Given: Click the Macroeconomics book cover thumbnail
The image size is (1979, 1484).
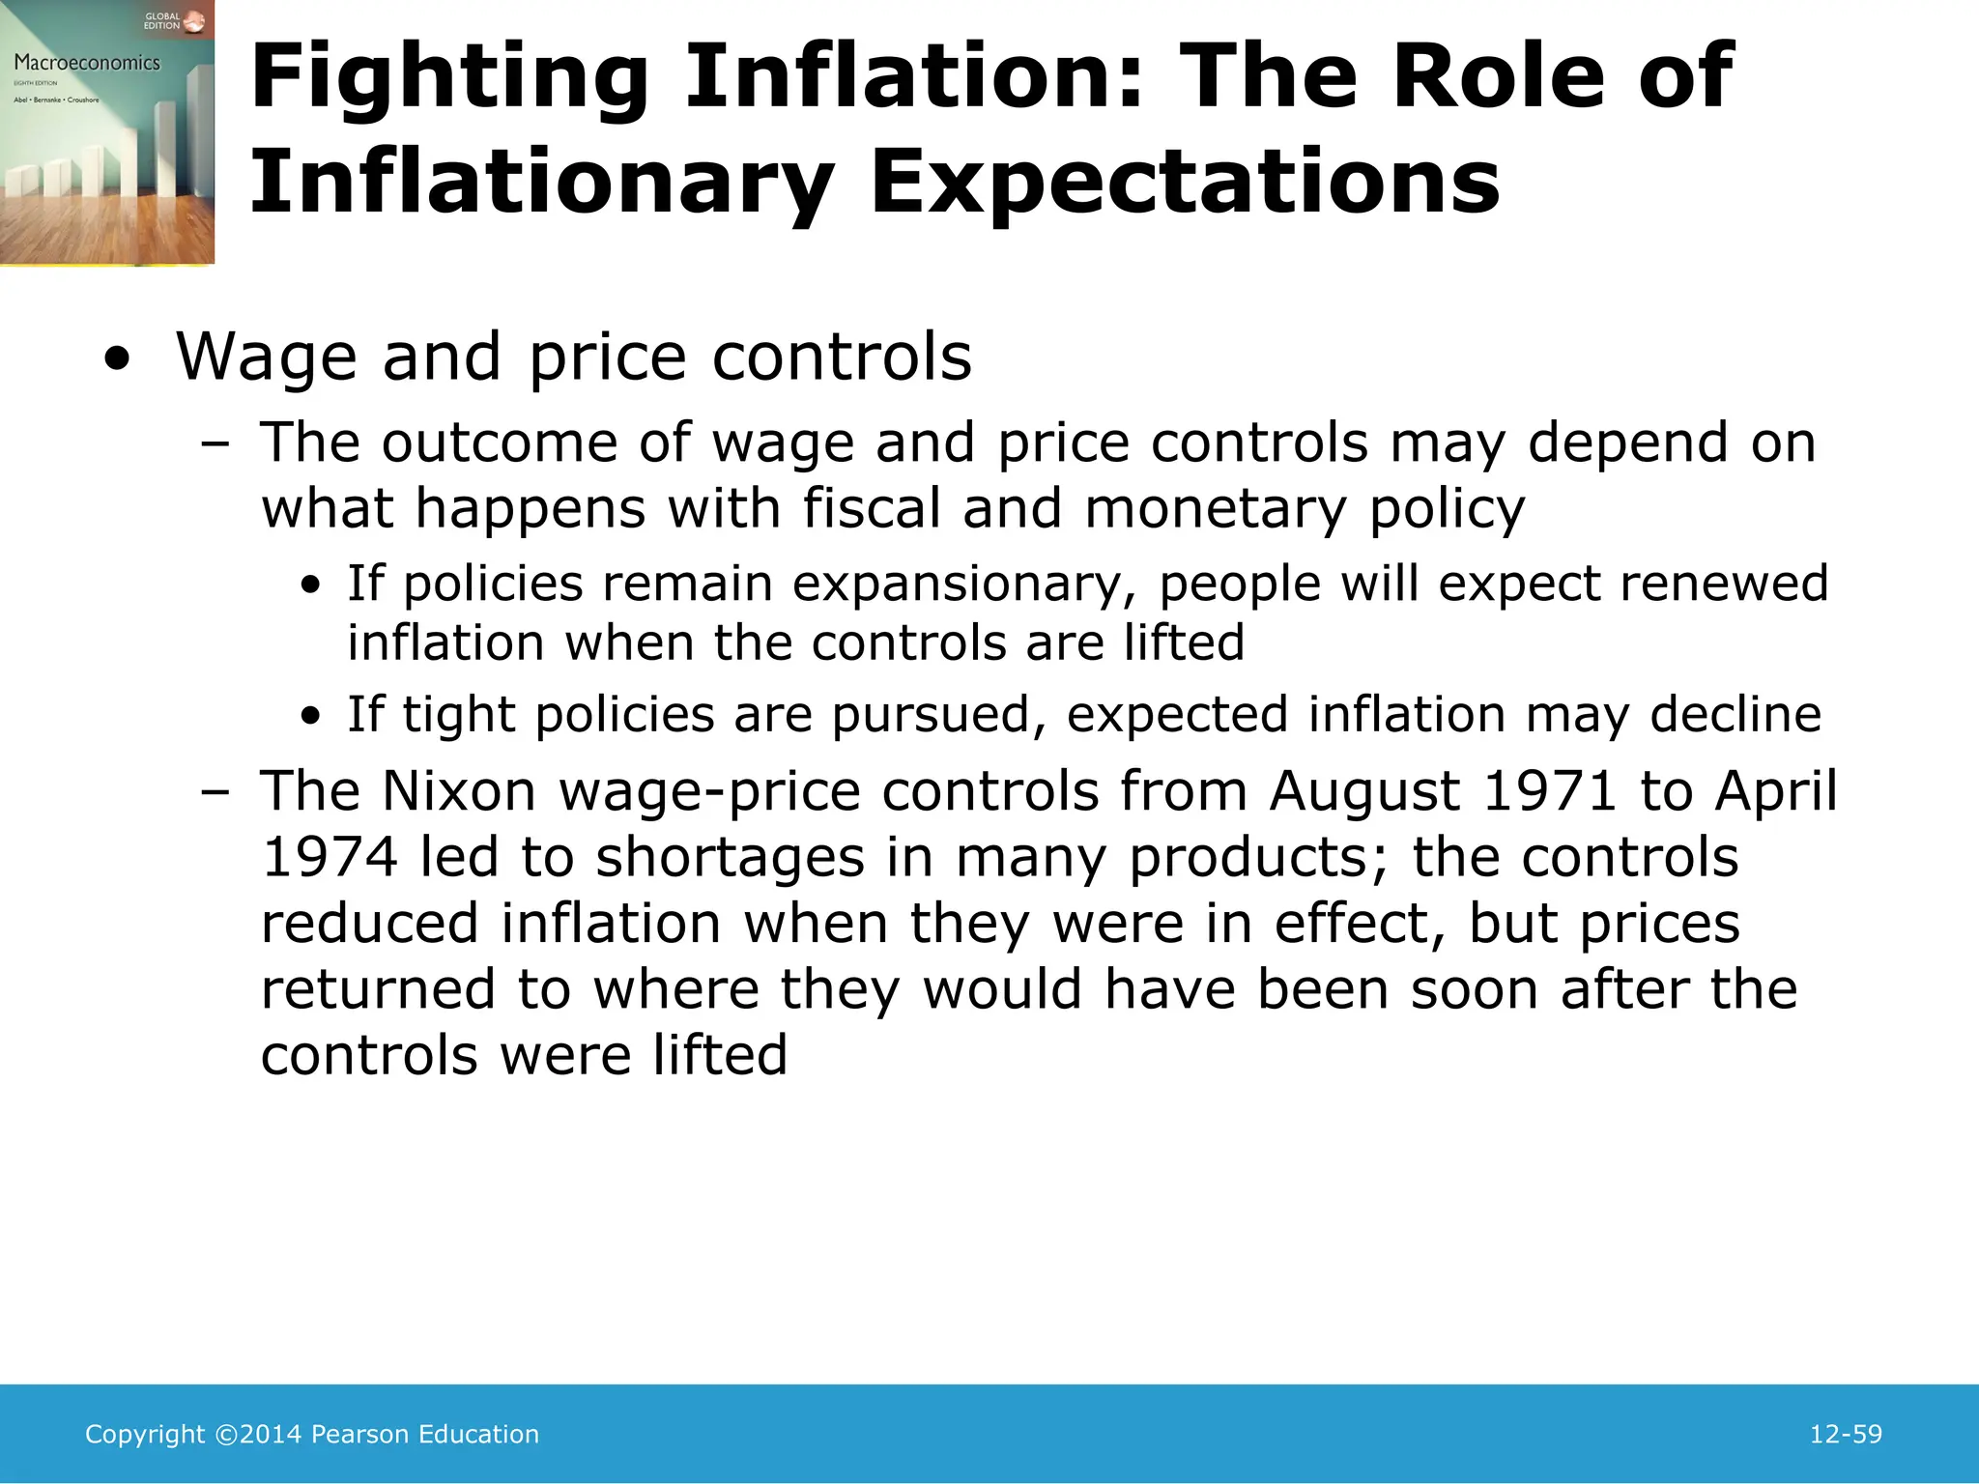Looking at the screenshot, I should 106,132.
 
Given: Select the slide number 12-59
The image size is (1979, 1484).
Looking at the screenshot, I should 1846,1434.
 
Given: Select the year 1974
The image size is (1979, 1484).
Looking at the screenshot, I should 330,857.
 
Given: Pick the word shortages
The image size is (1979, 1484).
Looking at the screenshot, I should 730,857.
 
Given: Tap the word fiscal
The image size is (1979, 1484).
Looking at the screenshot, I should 872,508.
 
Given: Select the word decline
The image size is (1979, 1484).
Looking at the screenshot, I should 1735,715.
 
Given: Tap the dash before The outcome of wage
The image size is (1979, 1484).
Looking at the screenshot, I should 215,444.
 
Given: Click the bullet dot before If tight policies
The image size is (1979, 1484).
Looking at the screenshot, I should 310,717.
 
